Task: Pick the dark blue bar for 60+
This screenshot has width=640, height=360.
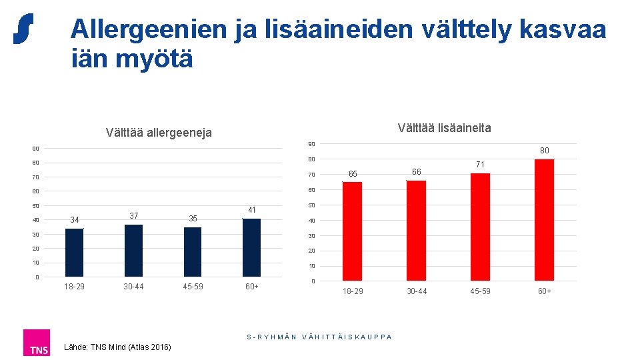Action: click(x=251, y=247)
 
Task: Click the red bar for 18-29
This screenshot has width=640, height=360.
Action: click(x=352, y=231)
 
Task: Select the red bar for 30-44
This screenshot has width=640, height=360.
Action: click(x=416, y=230)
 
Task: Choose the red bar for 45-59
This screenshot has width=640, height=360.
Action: click(x=480, y=227)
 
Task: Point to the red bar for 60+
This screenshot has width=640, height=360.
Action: click(x=544, y=219)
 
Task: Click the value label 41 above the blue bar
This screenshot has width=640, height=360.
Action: click(x=251, y=210)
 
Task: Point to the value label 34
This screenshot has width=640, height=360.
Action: click(x=74, y=220)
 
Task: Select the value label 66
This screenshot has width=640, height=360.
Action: click(x=416, y=172)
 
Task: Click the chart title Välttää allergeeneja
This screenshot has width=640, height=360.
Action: click(x=159, y=133)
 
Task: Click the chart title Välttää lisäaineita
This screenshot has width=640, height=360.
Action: click(x=444, y=127)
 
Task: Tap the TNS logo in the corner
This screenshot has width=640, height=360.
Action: click(x=36, y=343)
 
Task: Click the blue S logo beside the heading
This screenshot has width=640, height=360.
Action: click(x=23, y=29)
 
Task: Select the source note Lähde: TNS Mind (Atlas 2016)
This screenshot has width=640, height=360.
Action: click(x=117, y=347)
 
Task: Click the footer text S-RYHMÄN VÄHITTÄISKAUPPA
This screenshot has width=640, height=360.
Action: click(x=319, y=337)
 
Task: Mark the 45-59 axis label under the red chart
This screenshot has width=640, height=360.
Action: click(x=480, y=291)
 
